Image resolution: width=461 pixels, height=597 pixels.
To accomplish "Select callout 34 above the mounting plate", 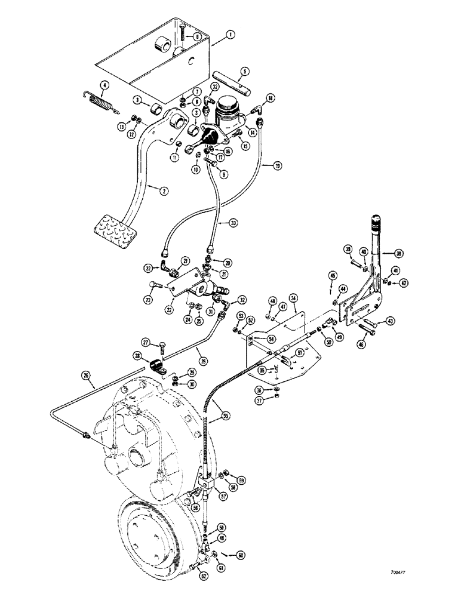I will [x=293, y=297].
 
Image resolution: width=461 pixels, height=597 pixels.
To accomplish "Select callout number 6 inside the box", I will [x=190, y=36].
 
